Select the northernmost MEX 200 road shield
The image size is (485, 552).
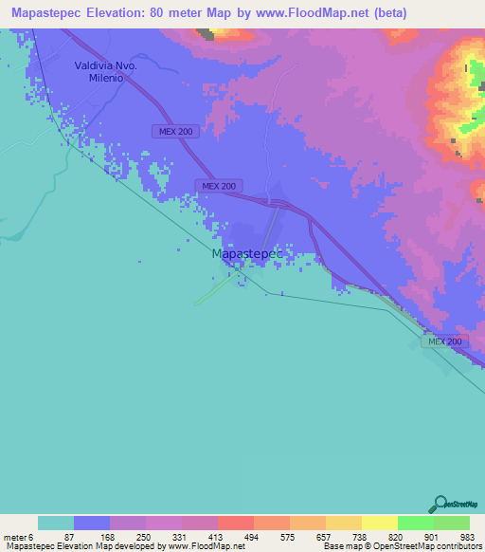175,132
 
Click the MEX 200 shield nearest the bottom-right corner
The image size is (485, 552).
444,340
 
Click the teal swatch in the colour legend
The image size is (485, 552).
56,523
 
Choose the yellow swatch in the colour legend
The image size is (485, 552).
379,523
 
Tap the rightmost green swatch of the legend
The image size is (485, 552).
451,523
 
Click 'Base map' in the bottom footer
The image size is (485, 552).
341,546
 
